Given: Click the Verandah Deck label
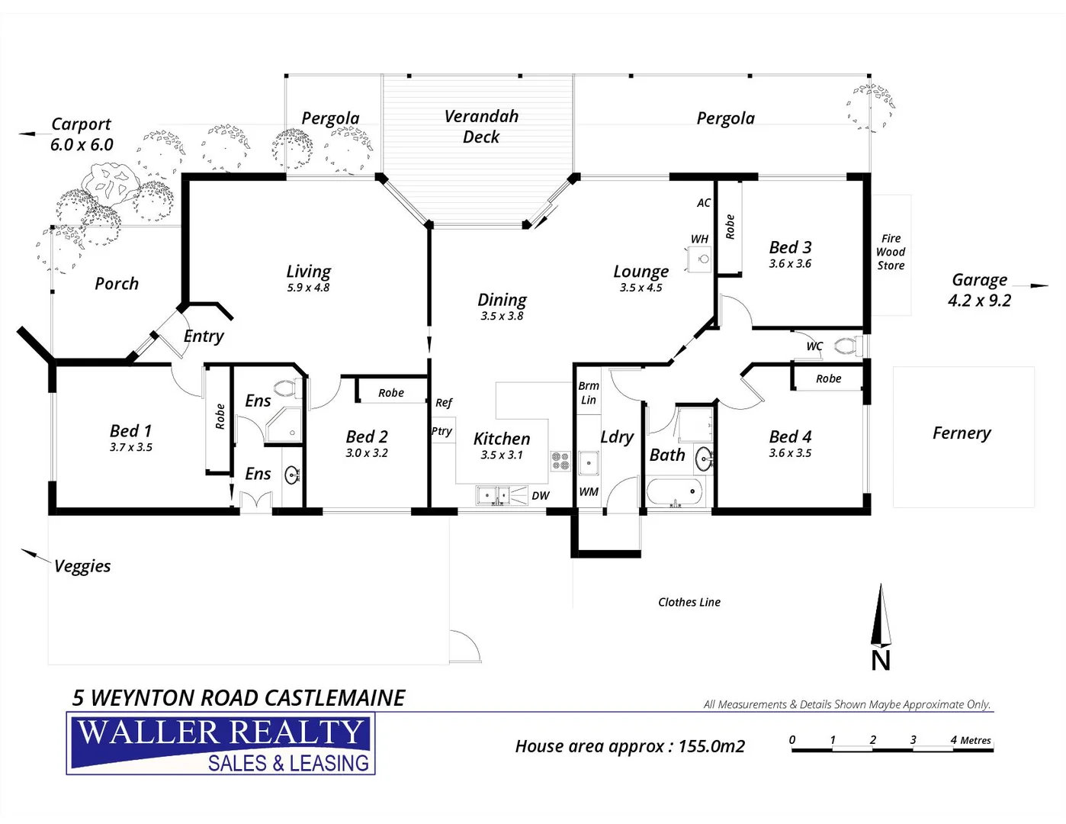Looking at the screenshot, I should (x=481, y=127).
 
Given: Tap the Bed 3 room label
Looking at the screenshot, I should (x=790, y=247).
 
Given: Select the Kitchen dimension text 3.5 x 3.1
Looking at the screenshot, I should (x=502, y=455).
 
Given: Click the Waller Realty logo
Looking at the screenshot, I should (x=221, y=744).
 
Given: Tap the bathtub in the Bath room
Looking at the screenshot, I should (x=674, y=491).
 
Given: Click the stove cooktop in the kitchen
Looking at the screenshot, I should (x=560, y=461).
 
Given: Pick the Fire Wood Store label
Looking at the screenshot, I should (x=891, y=252).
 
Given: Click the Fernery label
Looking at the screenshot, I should (x=962, y=433).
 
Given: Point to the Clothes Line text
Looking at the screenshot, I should (x=689, y=602).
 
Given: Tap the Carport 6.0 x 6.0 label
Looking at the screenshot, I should (x=81, y=134).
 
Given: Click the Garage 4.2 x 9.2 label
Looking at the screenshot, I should (x=979, y=290).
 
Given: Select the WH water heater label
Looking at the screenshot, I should (x=699, y=239).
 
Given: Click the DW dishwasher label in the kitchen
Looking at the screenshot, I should (x=540, y=496).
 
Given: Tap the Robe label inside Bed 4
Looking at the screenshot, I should (x=828, y=378).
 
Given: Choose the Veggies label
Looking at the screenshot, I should (x=82, y=566).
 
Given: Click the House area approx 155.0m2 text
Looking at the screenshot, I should (x=630, y=746).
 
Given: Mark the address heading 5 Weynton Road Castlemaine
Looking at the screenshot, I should (x=239, y=697).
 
